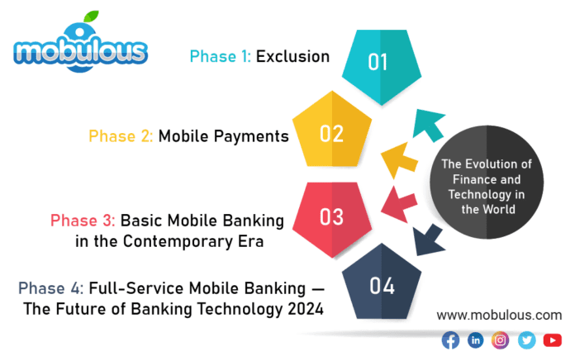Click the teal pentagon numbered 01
tap(378, 64)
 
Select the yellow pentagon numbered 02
tap(331, 134)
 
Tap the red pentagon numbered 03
tap(331, 216)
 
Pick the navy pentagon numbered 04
tap(382, 286)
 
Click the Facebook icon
tap(450, 340)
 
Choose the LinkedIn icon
tap(475, 340)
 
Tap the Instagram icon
tap(501, 340)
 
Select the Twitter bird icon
tap(526, 340)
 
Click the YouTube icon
tap(552, 340)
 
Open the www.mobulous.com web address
tap(498, 315)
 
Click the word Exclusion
tap(292, 56)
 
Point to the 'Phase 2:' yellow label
tap(121, 136)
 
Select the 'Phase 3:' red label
tap(83, 221)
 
